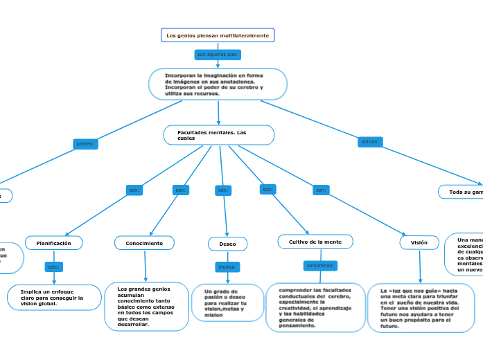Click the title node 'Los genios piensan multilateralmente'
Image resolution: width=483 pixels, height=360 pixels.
[218, 35]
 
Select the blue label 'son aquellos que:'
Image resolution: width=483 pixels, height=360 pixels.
[218, 54]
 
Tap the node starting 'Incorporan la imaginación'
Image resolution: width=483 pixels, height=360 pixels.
[218, 84]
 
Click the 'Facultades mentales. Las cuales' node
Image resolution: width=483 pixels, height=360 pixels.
[219, 134]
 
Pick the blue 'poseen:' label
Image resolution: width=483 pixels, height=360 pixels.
[86, 144]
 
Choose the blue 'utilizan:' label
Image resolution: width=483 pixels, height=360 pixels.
[370, 141]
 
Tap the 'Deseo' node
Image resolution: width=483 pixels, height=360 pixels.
[227, 244]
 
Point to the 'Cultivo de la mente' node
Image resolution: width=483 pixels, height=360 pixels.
[315, 242]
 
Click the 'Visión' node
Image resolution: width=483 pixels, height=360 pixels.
[419, 242]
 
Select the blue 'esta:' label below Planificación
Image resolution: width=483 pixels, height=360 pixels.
[54, 266]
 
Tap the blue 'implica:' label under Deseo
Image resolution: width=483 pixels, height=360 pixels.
[227, 267]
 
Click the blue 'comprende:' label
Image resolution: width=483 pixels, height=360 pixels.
[320, 265]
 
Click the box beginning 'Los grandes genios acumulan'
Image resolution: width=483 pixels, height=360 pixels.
[146, 306]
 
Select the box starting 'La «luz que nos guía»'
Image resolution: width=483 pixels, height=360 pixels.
[421, 307]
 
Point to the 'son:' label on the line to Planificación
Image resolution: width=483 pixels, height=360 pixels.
[134, 190]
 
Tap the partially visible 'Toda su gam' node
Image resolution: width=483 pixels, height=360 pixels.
[461, 192]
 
